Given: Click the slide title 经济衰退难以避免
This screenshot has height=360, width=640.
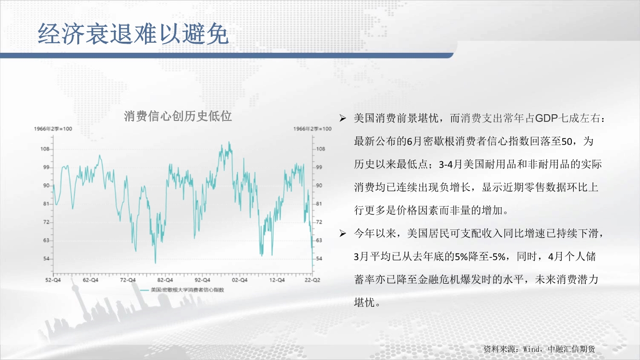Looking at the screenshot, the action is (x=133, y=34).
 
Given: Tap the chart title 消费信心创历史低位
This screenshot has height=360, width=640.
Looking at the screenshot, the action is (x=178, y=116).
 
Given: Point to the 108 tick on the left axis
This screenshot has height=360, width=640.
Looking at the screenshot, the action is (x=45, y=149).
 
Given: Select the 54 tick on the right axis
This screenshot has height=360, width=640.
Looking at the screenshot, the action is (x=319, y=259).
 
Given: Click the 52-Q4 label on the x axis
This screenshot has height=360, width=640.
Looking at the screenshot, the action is (x=53, y=280).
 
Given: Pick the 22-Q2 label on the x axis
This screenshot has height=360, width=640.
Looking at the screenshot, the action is (x=312, y=280).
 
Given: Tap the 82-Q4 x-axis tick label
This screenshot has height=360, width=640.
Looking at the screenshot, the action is (x=165, y=280).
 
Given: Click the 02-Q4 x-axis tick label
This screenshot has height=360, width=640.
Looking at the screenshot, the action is (x=240, y=280).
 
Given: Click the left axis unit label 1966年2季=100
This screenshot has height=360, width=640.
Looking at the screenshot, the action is (x=53, y=129).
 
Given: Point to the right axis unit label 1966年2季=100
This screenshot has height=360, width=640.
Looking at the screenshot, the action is (x=312, y=129).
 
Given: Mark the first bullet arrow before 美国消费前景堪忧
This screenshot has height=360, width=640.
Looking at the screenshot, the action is (x=343, y=118).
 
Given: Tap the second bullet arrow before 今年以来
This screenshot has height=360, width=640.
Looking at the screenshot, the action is (x=343, y=233).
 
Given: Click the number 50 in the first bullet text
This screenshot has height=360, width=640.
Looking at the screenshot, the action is (x=567, y=142).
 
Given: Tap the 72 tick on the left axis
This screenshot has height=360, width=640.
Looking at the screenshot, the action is (x=46, y=222).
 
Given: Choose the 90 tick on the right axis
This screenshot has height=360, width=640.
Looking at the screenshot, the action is (x=319, y=185).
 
